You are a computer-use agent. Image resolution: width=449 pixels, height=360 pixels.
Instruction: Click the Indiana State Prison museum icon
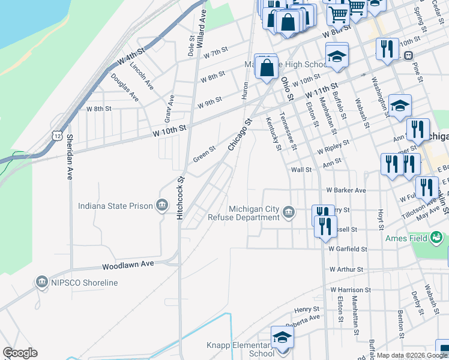click(x=161, y=206)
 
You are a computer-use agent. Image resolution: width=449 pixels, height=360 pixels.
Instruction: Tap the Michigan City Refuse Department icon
click(x=289, y=213)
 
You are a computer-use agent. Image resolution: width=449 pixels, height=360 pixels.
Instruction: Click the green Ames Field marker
click(x=437, y=238)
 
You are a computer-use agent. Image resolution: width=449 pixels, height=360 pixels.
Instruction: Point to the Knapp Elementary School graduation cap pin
click(x=281, y=338)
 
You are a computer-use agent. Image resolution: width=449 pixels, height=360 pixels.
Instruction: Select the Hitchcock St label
click(x=179, y=197)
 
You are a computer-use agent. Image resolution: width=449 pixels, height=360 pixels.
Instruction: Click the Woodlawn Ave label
click(x=128, y=264)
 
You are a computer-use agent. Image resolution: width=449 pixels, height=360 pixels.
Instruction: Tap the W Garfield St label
click(x=347, y=248)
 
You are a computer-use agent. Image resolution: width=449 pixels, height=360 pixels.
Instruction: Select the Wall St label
click(x=301, y=170)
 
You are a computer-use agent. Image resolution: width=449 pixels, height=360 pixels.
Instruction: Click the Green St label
click(x=204, y=154)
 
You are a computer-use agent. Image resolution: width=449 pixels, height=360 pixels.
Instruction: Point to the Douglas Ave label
click(x=125, y=88)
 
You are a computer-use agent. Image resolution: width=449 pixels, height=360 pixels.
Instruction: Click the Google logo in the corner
click(x=20, y=353)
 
